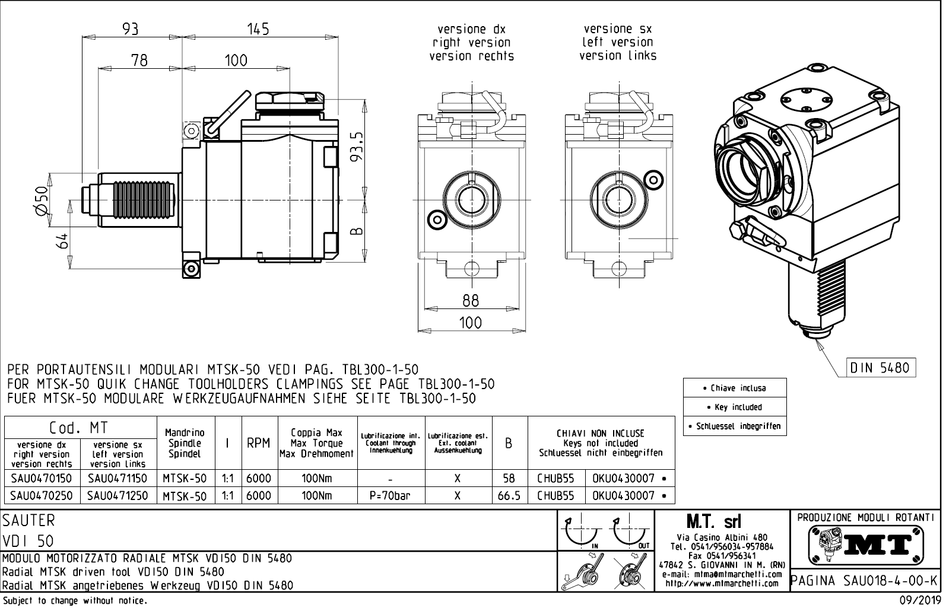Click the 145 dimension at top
[258, 28]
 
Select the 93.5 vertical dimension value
[357, 150]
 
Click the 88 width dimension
[470, 301]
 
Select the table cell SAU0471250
[118, 495]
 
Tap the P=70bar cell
[389, 495]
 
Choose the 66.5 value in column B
[509, 495]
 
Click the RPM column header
[258, 443]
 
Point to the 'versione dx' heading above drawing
[471, 29]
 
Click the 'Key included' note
[735, 407]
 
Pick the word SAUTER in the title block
[28, 521]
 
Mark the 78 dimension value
[139, 60]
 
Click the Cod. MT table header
[79, 427]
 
